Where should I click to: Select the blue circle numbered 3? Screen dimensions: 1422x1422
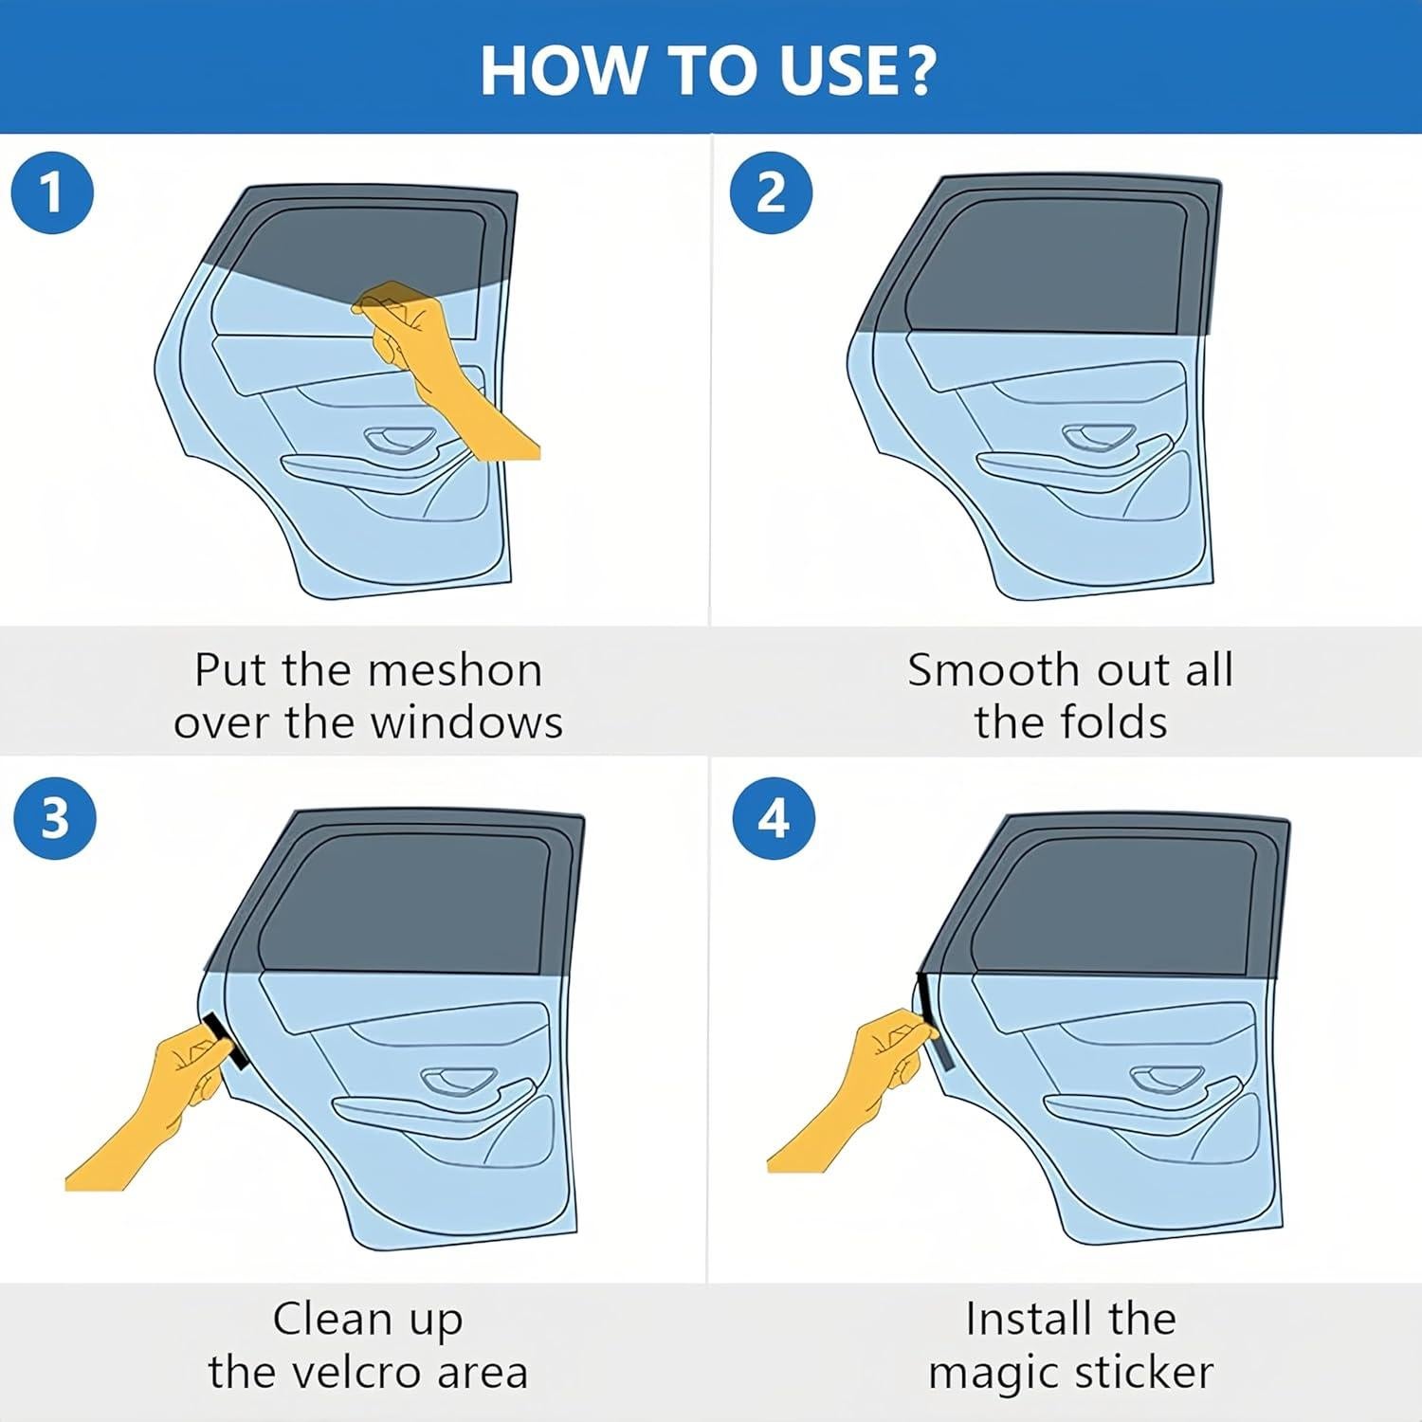click(55, 817)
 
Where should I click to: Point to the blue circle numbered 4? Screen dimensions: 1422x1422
click(774, 817)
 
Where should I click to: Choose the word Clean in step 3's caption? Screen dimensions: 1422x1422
click(329, 1319)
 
